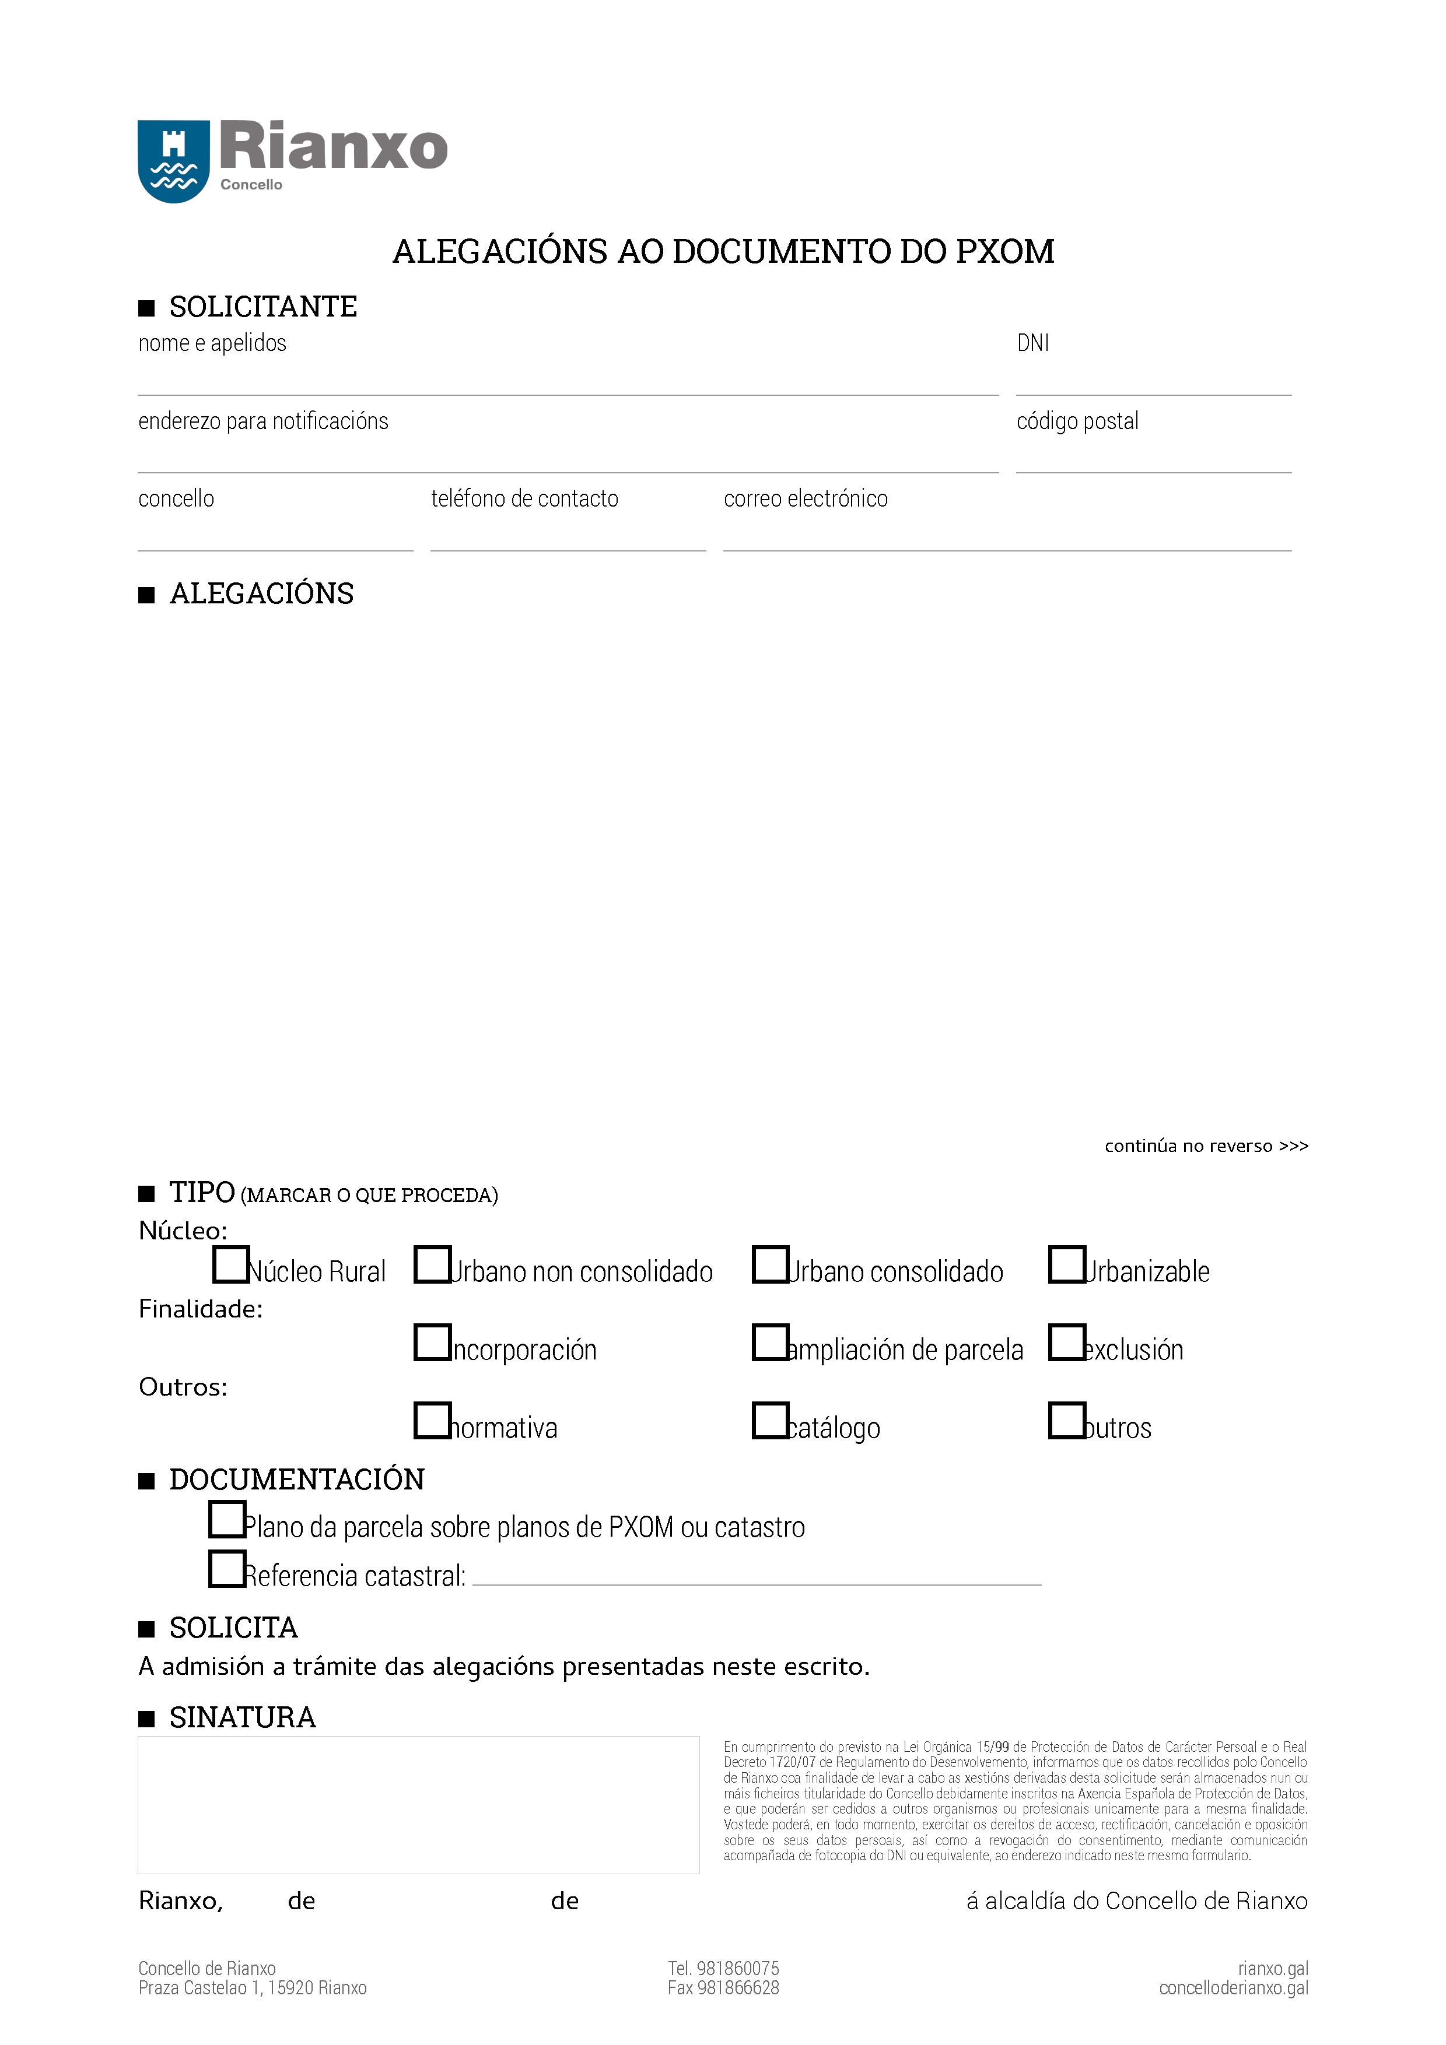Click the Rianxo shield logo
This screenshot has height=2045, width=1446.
[174, 161]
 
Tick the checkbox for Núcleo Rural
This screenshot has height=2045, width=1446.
[231, 1265]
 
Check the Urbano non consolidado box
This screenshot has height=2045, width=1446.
[433, 1265]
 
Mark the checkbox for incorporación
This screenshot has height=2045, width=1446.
[433, 1343]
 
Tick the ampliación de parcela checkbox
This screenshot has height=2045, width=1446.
[771, 1343]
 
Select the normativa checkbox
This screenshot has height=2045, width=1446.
[433, 1421]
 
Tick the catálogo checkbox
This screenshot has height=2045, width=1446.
[771, 1421]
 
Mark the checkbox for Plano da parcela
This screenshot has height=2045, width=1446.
[227, 1520]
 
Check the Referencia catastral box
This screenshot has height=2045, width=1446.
[227, 1569]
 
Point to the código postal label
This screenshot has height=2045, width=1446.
[1077, 421]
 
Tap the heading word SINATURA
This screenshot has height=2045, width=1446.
[242, 1717]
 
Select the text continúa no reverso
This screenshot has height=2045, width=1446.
[1206, 1146]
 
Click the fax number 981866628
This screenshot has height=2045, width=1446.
[723, 1988]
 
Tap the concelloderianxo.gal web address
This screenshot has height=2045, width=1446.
[1233, 1988]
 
